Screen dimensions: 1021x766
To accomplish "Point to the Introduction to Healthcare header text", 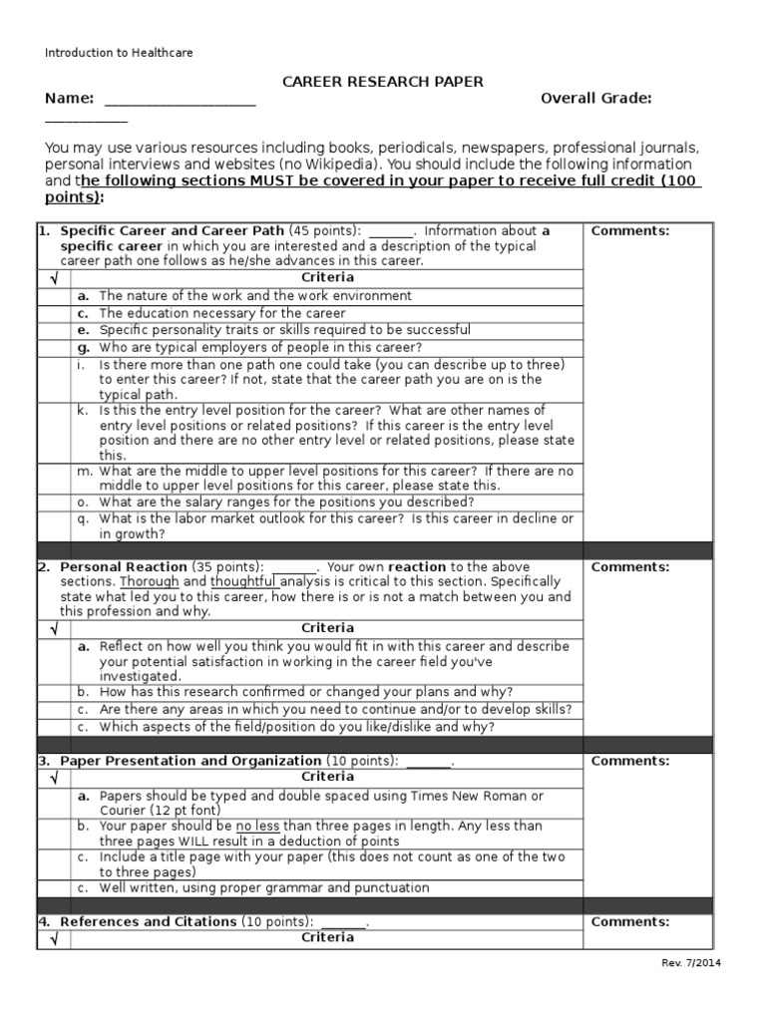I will [119, 53].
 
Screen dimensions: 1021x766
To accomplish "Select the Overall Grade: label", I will [595, 98].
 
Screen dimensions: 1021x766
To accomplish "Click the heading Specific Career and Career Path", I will [172, 230].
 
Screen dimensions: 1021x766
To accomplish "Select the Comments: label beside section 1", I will [630, 230].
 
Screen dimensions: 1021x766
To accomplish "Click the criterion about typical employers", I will [259, 347].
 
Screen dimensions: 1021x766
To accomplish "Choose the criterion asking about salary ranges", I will [286, 502].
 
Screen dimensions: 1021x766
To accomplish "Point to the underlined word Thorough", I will [150, 581].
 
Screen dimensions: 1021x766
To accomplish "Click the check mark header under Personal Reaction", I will [54, 628].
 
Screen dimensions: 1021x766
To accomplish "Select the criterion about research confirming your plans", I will [306, 692].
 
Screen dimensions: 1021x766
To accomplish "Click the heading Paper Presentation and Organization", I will [191, 761].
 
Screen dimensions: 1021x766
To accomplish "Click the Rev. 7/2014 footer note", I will [691, 963].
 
